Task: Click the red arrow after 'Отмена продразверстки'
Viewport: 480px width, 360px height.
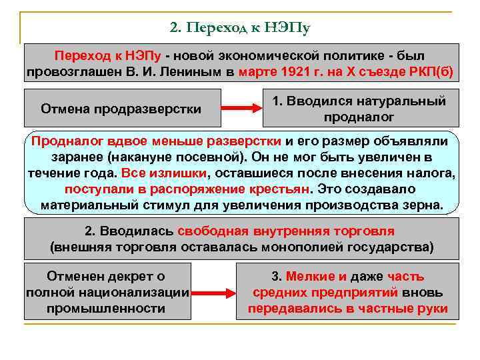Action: click(239, 108)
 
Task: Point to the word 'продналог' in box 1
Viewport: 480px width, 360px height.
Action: click(359, 117)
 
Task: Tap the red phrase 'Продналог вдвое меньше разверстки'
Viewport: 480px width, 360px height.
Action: click(157, 141)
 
